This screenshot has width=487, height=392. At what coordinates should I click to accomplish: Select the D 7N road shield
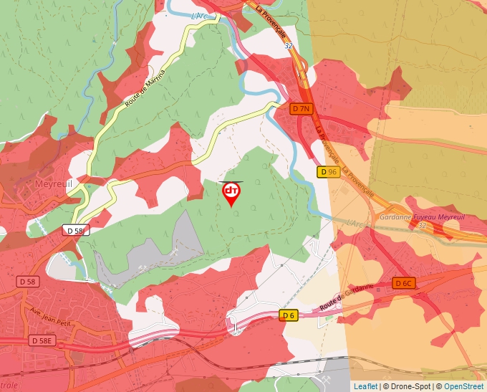tap(302, 109)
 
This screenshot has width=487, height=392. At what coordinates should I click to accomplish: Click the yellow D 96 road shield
tap(328, 172)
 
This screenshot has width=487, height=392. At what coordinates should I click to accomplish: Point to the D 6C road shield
tap(404, 283)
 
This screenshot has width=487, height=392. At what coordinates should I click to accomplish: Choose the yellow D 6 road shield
tap(289, 315)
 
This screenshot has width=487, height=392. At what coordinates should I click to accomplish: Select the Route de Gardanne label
tap(347, 297)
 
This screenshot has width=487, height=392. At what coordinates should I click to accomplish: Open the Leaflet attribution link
tap(365, 386)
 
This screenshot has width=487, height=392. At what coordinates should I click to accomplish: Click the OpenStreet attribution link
tap(464, 386)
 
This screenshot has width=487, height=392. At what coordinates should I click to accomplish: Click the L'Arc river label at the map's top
tap(200, 15)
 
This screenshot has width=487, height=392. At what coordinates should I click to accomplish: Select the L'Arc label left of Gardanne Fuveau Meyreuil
tap(355, 224)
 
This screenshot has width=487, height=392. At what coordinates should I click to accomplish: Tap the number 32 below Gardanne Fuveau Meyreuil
tap(422, 226)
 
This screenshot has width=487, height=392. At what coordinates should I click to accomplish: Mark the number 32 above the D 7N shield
tap(288, 45)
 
